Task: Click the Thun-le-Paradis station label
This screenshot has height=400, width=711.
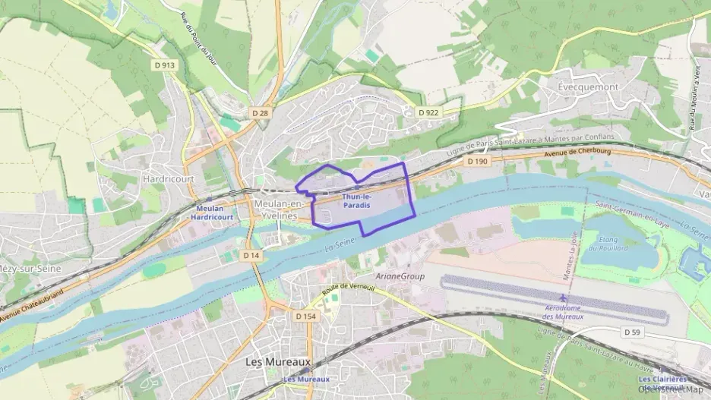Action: coord(356,201)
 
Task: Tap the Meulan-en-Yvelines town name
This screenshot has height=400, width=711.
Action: coord(277,209)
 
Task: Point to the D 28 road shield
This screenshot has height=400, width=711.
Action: coord(260,112)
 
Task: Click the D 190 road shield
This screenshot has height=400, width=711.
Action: coord(477,161)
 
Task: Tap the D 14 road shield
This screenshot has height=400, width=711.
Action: coord(252,256)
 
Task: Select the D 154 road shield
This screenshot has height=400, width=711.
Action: coord(305,316)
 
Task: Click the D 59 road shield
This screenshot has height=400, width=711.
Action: coord(634,332)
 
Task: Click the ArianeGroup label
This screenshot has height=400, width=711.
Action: coord(400,276)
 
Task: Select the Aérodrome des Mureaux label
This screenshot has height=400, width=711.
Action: coord(563,312)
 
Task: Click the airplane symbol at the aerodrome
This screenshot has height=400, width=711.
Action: coord(563,297)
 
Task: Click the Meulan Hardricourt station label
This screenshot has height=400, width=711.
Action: coord(212,213)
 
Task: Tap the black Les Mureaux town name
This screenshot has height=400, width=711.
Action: coord(279,362)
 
